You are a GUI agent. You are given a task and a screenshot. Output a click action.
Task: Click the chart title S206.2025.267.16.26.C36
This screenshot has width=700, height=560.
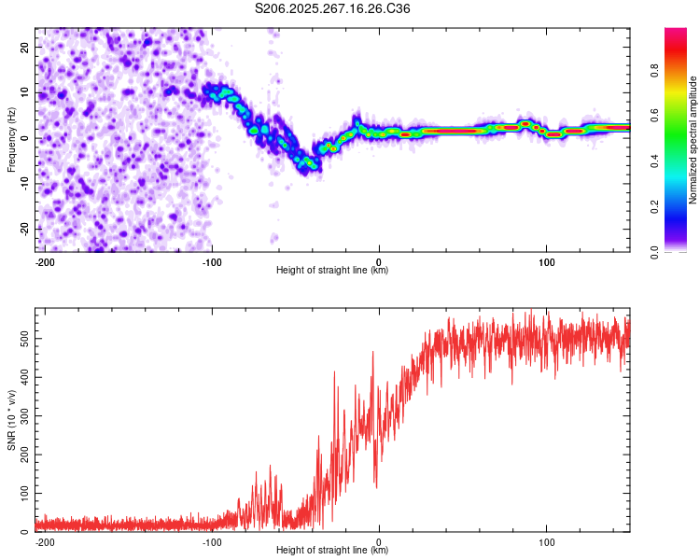click(x=333, y=9)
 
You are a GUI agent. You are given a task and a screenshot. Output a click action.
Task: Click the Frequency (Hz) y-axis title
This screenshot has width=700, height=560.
click(x=11, y=140)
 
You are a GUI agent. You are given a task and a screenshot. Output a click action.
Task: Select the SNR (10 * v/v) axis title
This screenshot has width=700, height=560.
click(x=11, y=421)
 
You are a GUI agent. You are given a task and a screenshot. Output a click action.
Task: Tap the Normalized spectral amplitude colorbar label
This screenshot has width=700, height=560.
click(x=693, y=140)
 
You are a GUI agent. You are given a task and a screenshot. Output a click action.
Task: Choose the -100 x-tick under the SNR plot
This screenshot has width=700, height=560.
click(x=212, y=542)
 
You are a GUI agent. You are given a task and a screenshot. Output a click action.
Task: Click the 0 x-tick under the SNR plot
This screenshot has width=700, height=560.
click(x=379, y=542)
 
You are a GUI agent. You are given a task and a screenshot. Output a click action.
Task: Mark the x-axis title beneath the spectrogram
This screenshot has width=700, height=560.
click(x=332, y=271)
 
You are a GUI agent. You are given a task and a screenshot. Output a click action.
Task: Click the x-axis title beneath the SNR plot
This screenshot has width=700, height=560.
click(x=332, y=551)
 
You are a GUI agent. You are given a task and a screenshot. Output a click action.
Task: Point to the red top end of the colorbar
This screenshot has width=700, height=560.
click(x=675, y=33)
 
